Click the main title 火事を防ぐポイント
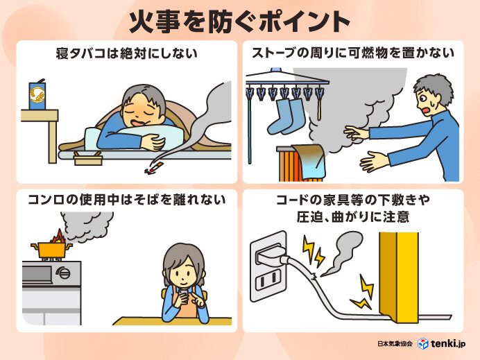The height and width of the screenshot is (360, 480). coord(239,21)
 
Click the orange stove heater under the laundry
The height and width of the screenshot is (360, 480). coord(291,166)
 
